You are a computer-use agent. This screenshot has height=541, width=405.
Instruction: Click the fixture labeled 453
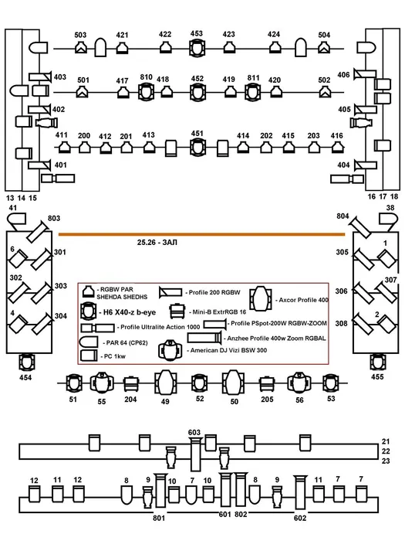point(197,48)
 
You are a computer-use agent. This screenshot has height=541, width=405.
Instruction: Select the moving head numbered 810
point(146,92)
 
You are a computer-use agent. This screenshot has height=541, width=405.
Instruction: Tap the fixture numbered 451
point(197,148)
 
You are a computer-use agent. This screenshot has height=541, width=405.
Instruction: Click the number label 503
point(80,35)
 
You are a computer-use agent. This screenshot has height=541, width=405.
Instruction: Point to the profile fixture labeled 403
point(40,77)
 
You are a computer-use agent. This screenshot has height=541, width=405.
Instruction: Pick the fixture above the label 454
point(25,362)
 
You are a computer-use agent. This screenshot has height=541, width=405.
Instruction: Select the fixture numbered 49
point(165,383)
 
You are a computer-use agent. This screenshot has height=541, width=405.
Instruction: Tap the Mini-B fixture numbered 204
point(131,384)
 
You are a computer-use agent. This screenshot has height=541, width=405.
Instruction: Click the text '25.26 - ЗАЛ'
point(157,243)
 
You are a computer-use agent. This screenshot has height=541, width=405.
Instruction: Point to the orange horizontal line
point(202,234)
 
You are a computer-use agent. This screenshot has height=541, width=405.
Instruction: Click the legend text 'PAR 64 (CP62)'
point(127,343)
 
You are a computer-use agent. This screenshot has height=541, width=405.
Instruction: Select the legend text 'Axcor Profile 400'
point(303,300)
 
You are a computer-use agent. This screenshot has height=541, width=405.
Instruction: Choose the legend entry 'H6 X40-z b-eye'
point(130,312)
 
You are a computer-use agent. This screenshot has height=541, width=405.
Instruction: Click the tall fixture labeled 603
point(195,454)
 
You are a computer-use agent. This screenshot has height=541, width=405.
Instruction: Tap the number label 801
point(159,518)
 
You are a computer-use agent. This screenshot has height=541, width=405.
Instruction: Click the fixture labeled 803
point(38,232)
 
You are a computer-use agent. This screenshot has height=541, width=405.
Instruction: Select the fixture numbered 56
point(299,383)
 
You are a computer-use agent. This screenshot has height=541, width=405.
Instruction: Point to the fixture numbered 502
point(324,92)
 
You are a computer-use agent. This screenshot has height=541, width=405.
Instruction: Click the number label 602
point(300,518)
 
